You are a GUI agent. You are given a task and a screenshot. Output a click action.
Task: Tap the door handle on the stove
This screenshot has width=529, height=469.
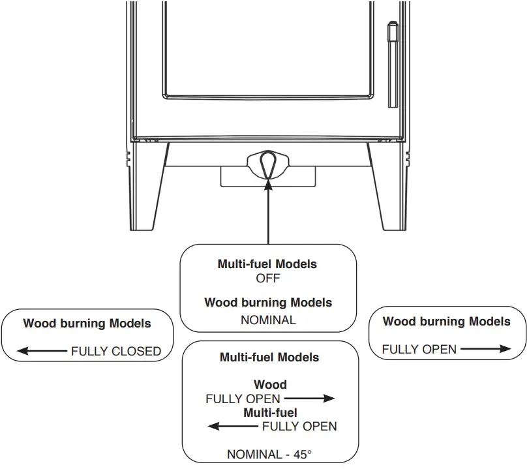tap(392, 65)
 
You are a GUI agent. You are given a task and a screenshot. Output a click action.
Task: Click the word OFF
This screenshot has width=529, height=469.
tap(268, 279)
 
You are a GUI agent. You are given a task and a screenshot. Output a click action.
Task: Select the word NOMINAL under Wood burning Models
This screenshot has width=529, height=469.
tap(268, 320)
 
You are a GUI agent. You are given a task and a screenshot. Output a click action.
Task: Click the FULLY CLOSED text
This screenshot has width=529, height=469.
tap(116, 352)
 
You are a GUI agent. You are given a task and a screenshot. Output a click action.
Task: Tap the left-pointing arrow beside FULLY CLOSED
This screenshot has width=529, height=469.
tap(42, 352)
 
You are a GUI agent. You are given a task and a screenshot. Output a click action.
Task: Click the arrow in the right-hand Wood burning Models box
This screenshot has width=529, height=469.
tap(485, 349)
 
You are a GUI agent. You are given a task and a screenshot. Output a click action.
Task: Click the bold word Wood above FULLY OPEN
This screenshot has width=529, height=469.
tap(270, 385)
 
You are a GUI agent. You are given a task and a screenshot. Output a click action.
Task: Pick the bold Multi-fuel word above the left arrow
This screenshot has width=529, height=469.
tap(270, 413)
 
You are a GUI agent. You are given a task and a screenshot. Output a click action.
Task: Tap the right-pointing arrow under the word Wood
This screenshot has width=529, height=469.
tap(309, 399)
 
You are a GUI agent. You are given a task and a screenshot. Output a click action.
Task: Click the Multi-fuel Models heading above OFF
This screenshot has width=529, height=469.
tap(267, 264)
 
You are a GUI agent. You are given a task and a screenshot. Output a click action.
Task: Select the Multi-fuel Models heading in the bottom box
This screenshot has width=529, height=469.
tap(269, 357)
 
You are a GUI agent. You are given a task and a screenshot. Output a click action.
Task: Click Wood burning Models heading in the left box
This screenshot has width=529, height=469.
tap(87, 324)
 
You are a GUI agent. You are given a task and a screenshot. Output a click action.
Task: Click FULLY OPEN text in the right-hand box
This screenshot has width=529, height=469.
tap(419, 350)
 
